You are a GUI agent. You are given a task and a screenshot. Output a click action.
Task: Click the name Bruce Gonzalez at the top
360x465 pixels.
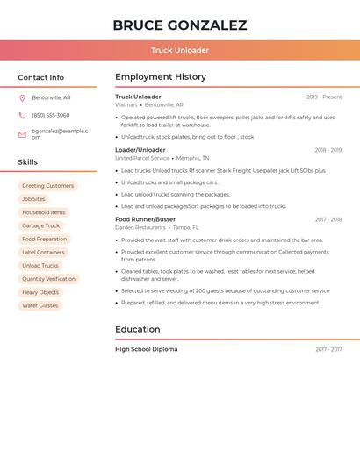coord(180,25)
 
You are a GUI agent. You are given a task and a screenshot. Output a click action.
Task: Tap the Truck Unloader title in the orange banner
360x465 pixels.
coord(180,50)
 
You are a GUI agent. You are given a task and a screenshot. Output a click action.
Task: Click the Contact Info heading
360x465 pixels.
coord(40,77)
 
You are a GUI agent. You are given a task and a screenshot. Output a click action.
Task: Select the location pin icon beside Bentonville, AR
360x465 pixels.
coord(22,97)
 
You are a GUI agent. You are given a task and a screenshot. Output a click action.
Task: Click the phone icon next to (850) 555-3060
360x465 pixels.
coord(22,115)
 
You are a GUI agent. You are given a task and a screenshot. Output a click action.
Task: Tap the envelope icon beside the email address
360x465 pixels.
coord(22,134)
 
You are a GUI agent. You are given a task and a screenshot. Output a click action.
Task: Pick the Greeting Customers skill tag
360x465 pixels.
coord(47,186)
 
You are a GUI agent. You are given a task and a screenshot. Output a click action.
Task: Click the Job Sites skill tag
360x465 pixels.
coord(33,199)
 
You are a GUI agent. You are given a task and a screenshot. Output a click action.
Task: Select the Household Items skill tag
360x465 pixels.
coord(43,212)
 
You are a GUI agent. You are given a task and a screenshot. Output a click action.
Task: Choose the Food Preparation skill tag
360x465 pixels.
coord(44,239)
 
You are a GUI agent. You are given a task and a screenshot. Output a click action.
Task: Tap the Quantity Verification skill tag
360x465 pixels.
coord(48,279)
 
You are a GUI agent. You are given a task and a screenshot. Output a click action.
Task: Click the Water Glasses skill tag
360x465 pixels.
coord(40,305)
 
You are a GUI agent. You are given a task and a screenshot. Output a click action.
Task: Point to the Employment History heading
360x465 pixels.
coord(160,77)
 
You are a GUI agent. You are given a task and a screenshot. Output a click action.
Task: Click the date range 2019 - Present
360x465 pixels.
coord(324,97)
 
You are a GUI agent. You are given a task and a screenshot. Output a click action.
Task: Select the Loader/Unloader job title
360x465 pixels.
coord(140,150)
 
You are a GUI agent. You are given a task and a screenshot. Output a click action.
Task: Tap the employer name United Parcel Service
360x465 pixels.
coord(141,158)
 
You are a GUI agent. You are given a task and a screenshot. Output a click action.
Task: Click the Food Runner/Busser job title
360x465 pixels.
coord(145,219)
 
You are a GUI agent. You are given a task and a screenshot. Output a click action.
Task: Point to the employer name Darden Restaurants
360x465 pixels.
coord(140,227)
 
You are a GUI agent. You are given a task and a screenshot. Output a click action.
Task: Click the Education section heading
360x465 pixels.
coord(137,329)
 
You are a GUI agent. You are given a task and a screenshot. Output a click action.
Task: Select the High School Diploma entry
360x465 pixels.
coord(146,349)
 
